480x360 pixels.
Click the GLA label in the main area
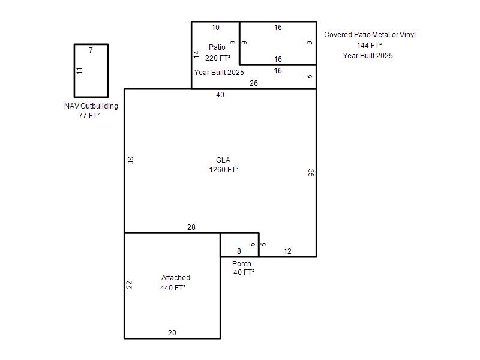coord(223,160)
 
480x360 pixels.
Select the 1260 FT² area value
coord(224,169)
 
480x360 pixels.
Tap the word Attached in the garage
coord(176,278)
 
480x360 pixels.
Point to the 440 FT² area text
coord(173,288)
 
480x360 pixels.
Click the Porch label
coord(242,263)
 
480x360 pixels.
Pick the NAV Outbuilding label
coord(91,106)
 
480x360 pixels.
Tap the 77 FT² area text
coord(89,115)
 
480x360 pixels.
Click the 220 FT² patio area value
coord(218,58)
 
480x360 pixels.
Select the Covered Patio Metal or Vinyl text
coord(370,35)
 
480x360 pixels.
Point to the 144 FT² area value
coord(369,46)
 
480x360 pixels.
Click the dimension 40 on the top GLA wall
coord(220,95)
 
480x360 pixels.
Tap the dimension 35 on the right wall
coord(311,173)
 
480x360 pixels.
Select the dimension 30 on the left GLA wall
coord(130,161)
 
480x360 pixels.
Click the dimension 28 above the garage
coord(191,227)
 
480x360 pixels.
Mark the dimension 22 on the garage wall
coord(129,285)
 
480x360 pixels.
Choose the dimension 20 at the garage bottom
coord(172,333)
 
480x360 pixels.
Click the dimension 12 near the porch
coord(287,251)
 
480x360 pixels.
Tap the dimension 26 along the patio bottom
coord(253,83)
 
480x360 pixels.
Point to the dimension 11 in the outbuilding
coord(79,71)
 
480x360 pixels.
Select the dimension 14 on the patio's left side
coord(196,55)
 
